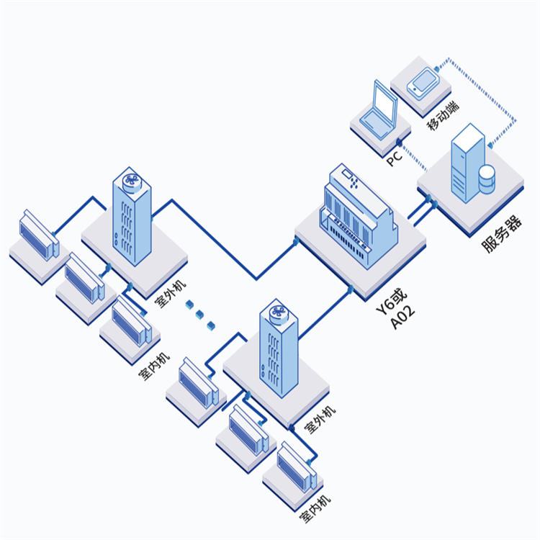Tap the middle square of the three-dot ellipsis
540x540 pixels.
pyautogui.click(x=200, y=315)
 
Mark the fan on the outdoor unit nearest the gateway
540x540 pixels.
pyautogui.click(x=277, y=312)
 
